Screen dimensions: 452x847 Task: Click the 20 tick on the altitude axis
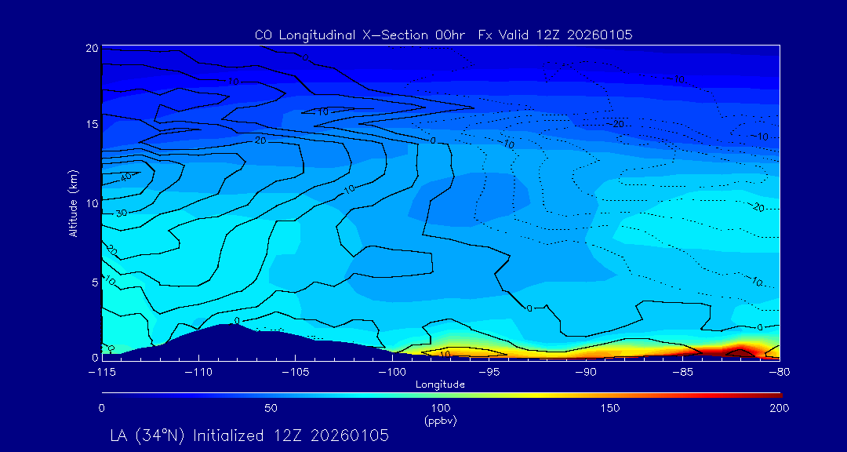91,49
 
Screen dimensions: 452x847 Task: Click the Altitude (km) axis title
73,202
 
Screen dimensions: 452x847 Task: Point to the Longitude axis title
440,385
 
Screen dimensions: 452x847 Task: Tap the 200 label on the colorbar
779,408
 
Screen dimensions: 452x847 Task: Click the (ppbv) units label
440,421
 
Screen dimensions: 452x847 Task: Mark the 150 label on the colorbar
609,408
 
